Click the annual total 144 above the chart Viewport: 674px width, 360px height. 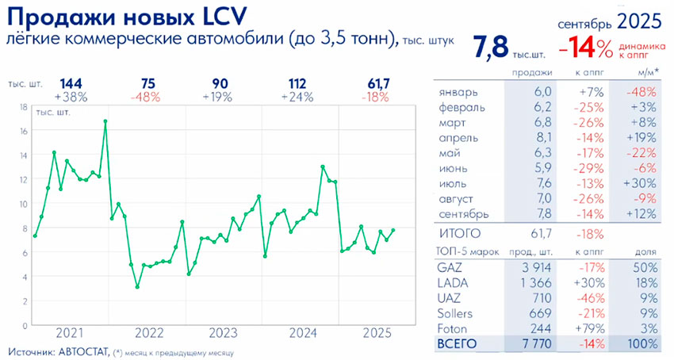[x=71, y=84]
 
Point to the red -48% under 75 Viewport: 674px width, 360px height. [x=147, y=98]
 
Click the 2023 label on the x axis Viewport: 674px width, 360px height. [x=224, y=333]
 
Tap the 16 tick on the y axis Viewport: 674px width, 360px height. [x=24, y=131]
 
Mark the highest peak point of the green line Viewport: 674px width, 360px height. [x=105, y=121]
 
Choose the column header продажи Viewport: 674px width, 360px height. [x=531, y=73]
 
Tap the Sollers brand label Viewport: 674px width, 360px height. [x=456, y=313]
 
